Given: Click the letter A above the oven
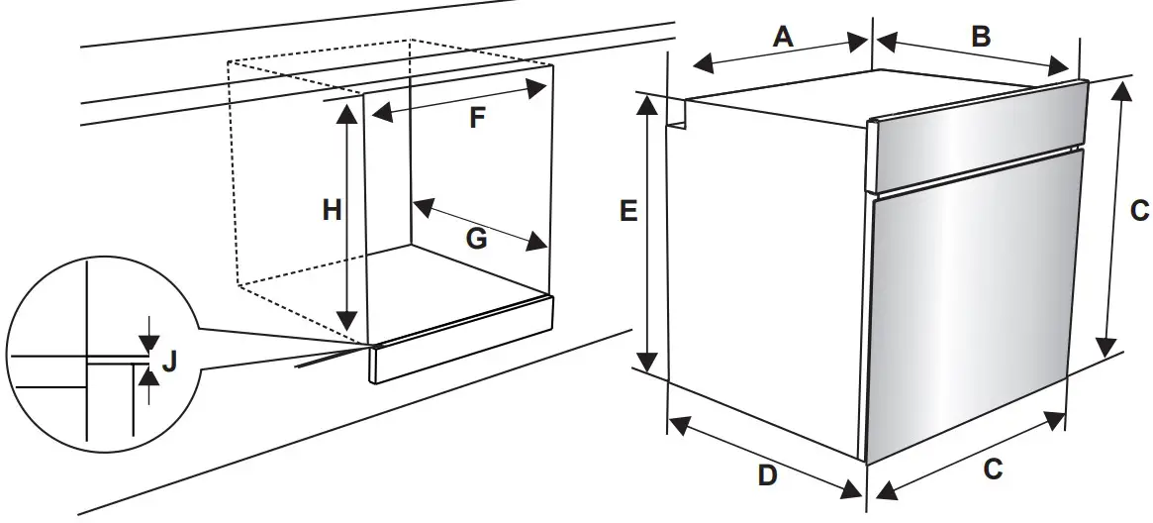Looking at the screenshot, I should tap(783, 37).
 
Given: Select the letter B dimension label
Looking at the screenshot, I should tap(980, 37).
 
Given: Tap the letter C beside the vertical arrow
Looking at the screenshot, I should tap(1139, 210).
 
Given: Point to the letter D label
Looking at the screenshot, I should tap(768, 475).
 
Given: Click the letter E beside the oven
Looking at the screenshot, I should tap(627, 211).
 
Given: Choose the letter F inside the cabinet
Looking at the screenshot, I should tap(477, 119).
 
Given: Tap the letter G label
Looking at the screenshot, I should tap(477, 239).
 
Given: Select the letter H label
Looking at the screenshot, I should tap(333, 210).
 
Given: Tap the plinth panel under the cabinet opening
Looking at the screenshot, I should tap(461, 337).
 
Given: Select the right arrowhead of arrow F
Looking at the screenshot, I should tap(538, 87).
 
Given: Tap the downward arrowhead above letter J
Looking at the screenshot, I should tap(148, 343).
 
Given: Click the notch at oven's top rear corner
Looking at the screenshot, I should tap(677, 113).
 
